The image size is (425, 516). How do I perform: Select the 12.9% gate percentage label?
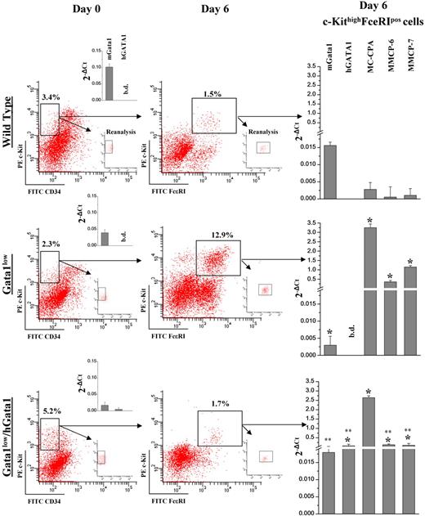(216, 235)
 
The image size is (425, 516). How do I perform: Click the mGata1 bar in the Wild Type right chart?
(329, 171)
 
